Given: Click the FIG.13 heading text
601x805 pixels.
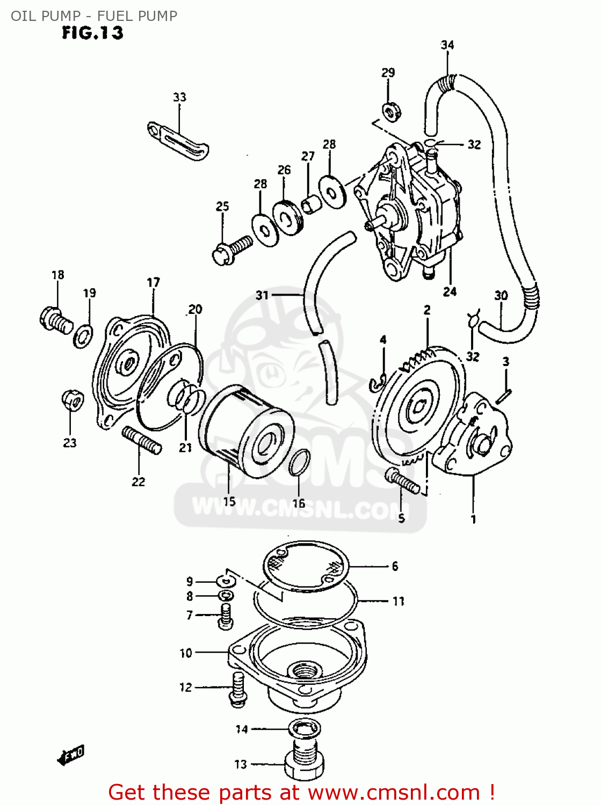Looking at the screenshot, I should pos(92,33).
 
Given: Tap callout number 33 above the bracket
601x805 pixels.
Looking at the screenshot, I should pos(179,97).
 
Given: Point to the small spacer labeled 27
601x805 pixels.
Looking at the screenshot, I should pos(310,204).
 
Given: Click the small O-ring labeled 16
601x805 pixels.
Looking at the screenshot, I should pos(300,463).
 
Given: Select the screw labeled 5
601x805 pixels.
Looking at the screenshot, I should pos(402,481).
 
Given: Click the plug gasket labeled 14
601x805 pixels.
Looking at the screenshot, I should pos(305,729).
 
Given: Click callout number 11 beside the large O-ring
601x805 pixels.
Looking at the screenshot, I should pos(398,601).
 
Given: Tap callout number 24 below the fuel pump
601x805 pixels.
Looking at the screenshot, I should pos(450,291).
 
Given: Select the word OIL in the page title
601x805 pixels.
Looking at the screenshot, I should pos(22,16).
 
